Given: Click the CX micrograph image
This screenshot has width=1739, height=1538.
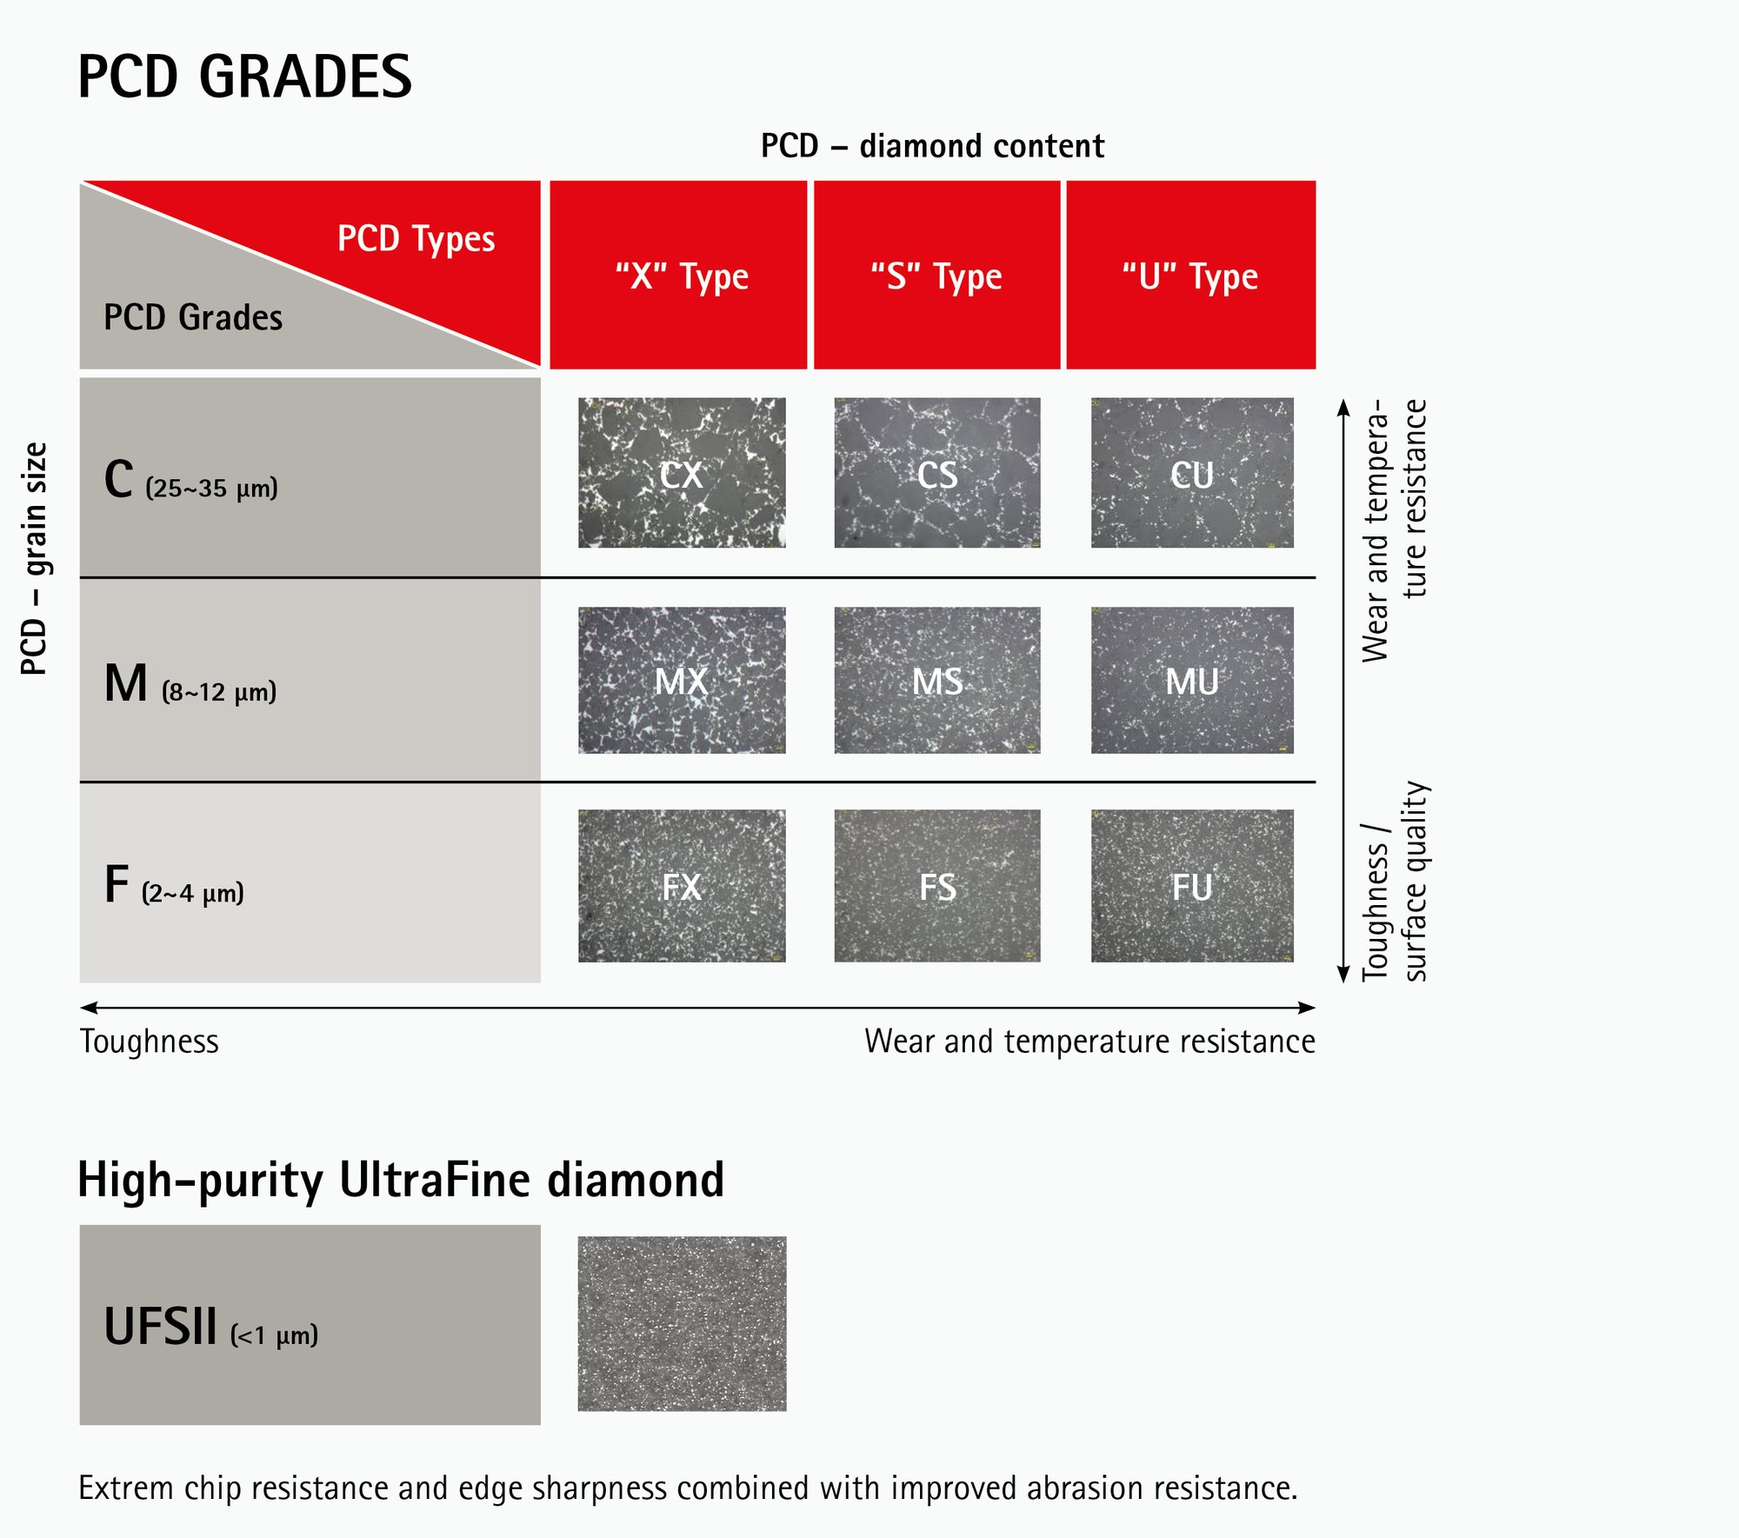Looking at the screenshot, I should pyautogui.click(x=682, y=473).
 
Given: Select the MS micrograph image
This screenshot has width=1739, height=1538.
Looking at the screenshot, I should pyautogui.click(x=936, y=680).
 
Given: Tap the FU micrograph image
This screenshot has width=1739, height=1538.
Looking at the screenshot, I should pyautogui.click(x=1191, y=885).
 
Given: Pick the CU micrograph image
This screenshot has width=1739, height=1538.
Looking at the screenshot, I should pyautogui.click(x=1191, y=473).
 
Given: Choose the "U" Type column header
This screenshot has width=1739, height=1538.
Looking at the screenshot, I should pyautogui.click(x=1190, y=276).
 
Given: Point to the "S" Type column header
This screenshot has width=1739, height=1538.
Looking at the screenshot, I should pyautogui.click(x=936, y=276).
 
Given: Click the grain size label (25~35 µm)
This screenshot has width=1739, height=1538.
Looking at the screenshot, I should pyautogui.click(x=211, y=488).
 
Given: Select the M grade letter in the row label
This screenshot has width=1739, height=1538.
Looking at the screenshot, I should pyautogui.click(x=125, y=683).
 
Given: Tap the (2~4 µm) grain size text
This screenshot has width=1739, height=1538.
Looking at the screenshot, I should pyautogui.click(x=192, y=893).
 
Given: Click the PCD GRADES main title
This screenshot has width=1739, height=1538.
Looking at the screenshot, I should pyautogui.click(x=244, y=77).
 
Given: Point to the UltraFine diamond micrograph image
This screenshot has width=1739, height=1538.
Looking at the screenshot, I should pyautogui.click(x=682, y=1323).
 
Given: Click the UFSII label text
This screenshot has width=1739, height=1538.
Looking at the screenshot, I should pyautogui.click(x=160, y=1327).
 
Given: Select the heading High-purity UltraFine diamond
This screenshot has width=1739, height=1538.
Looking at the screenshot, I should pyautogui.click(x=400, y=1181).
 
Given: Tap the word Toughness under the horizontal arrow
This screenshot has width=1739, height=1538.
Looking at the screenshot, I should pyautogui.click(x=149, y=1042).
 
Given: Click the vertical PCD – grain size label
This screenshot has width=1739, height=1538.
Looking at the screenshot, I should pyautogui.click(x=34, y=558).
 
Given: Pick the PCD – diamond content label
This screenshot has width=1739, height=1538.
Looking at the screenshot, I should pyautogui.click(x=932, y=146).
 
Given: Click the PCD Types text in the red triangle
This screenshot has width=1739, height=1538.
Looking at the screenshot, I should pyautogui.click(x=416, y=238).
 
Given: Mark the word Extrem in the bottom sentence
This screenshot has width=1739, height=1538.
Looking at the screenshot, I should pyautogui.click(x=125, y=1488).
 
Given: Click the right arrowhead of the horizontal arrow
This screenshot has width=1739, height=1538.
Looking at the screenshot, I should pyautogui.click(x=1308, y=1008).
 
